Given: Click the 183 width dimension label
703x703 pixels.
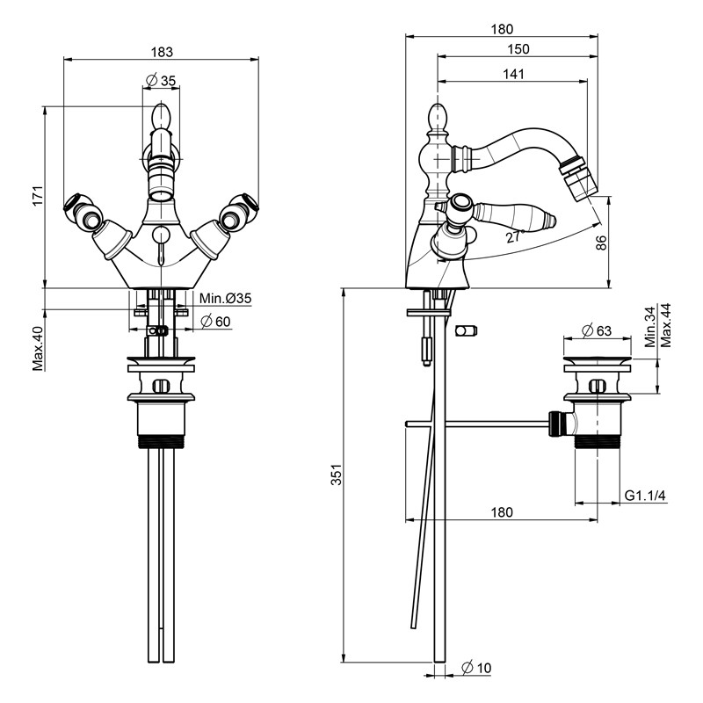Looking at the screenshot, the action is click(162, 52).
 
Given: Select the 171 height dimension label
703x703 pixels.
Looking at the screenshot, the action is click(38, 195).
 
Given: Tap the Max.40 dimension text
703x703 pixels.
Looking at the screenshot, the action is click(38, 348).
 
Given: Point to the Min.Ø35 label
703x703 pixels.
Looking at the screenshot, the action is click(226, 298).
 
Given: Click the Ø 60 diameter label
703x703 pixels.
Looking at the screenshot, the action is click(215, 322).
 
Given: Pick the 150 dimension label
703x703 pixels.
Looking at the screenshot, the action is click(518, 49).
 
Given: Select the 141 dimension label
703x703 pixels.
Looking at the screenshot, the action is click(513, 74).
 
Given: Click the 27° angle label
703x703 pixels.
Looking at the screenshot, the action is click(515, 236).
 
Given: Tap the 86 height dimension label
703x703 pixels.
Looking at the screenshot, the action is click(601, 243).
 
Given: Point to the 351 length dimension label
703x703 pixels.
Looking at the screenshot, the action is click(337, 475).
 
